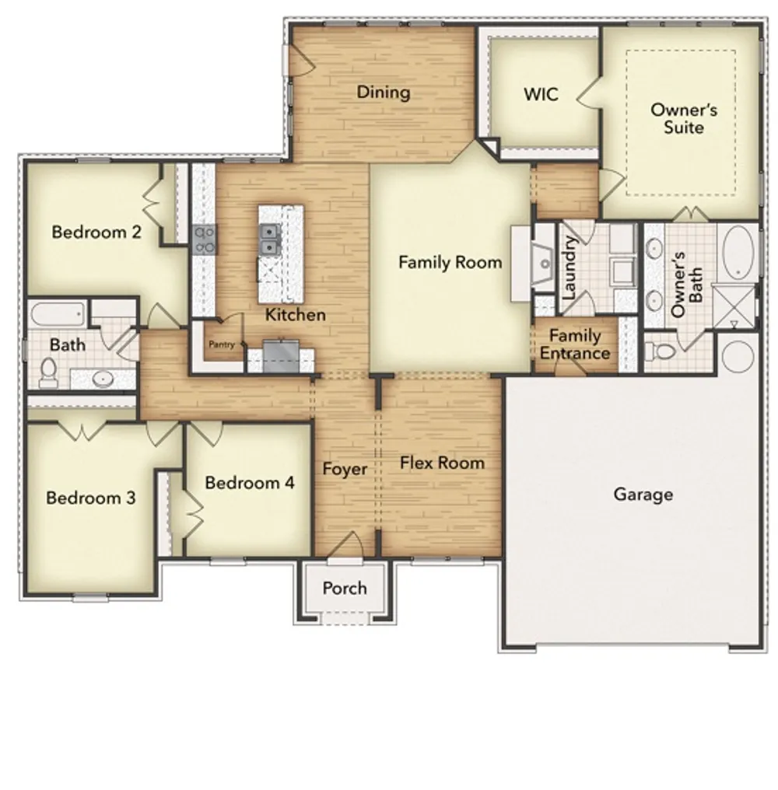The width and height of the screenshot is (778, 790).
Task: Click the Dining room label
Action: click(x=383, y=93)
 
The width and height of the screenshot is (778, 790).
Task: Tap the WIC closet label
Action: click(x=541, y=95)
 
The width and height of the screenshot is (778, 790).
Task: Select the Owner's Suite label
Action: click(x=683, y=118)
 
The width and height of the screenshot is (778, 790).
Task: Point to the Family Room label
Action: click(x=450, y=263)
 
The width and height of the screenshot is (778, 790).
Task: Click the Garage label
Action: click(x=643, y=495)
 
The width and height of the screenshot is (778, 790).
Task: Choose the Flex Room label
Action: click(x=442, y=463)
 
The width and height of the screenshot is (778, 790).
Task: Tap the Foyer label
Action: click(x=345, y=469)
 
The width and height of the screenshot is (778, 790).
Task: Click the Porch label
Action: click(x=344, y=588)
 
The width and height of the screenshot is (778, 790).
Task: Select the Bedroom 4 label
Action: click(x=249, y=483)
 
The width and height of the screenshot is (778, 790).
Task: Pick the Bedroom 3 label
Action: click(x=91, y=498)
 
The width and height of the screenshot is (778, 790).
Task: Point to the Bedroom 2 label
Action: click(x=96, y=232)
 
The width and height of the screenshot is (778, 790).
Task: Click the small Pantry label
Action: click(x=220, y=344)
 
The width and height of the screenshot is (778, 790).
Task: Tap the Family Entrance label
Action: click(x=575, y=344)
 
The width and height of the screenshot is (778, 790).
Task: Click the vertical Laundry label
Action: click(x=568, y=268)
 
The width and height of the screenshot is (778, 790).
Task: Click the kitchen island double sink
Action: click(x=270, y=239)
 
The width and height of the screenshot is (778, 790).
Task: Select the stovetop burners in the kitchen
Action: click(x=204, y=239)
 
